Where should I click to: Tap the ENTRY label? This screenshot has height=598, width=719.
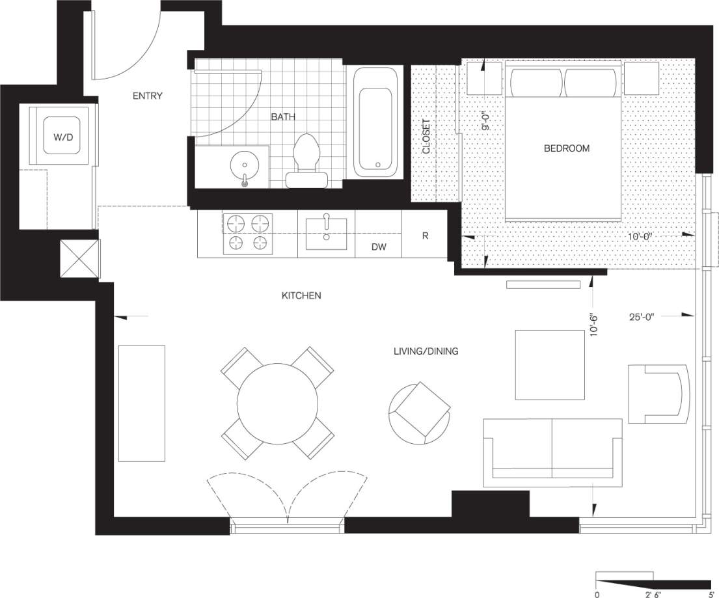click(x=147, y=96)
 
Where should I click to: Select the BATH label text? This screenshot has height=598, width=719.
click(x=283, y=117)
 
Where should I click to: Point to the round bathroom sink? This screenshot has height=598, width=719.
click(x=245, y=167)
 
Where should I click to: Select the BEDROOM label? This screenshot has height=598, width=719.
click(x=566, y=148)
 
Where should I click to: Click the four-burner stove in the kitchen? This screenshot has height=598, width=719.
click(x=247, y=233)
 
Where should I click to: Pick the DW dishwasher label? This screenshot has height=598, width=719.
click(x=378, y=247)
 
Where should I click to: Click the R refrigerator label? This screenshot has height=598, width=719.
click(x=425, y=236)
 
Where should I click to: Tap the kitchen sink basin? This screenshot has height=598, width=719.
click(x=326, y=234)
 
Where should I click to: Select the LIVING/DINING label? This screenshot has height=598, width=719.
click(x=426, y=351)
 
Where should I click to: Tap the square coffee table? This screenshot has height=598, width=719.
click(x=550, y=364)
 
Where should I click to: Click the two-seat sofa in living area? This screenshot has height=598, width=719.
click(x=552, y=452)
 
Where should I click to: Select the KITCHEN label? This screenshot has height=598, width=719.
click(x=301, y=295)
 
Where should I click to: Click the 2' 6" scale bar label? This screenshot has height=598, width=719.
click(x=653, y=593)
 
